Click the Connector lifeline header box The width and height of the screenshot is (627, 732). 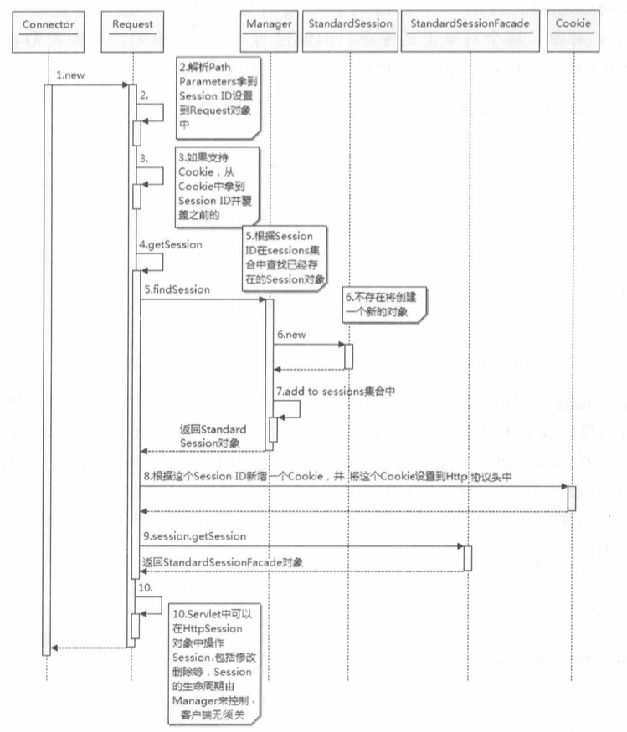(x=48, y=24)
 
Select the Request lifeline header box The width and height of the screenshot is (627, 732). (x=132, y=24)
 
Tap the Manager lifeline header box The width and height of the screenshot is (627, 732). (x=269, y=24)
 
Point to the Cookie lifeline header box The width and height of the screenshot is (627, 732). (x=573, y=24)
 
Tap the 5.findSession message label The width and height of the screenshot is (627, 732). (x=176, y=289)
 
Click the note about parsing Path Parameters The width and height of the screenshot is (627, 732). (x=216, y=96)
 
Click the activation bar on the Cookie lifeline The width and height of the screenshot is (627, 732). (x=572, y=498)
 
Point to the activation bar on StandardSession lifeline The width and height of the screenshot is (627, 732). (x=348, y=355)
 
